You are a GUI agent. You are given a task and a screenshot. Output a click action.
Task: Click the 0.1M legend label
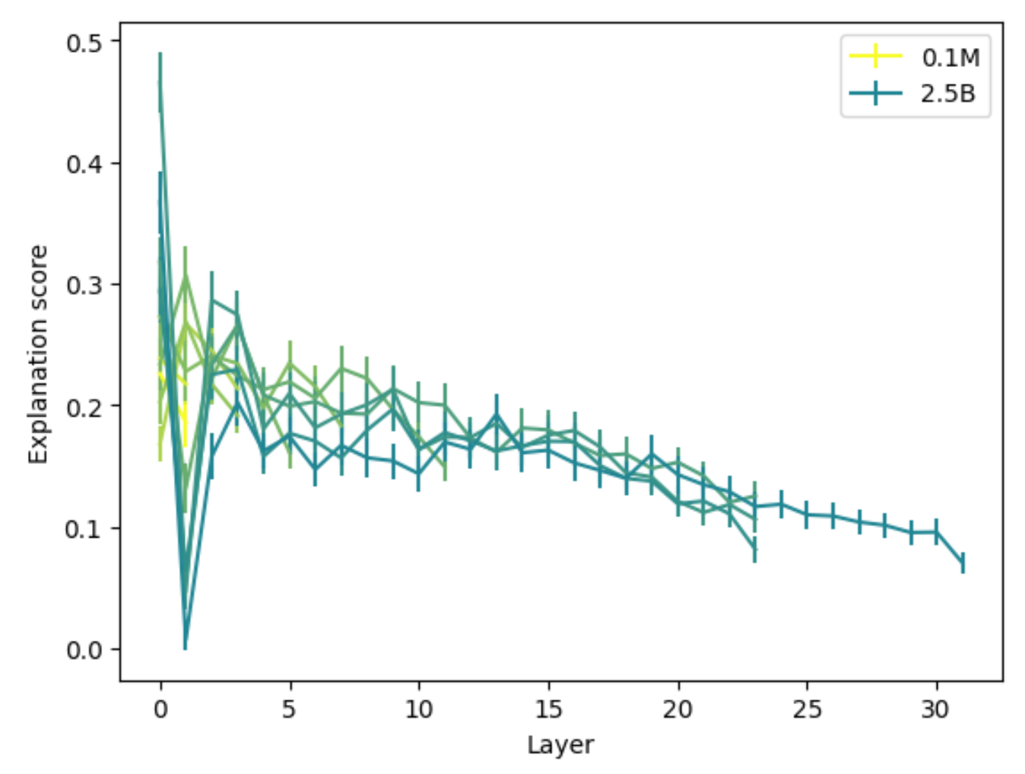click(x=950, y=58)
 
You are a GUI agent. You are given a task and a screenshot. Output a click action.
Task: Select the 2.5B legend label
click(x=947, y=94)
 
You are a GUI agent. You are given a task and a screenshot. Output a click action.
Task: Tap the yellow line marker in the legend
click(x=875, y=57)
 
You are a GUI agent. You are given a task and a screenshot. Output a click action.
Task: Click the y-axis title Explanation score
click(x=38, y=354)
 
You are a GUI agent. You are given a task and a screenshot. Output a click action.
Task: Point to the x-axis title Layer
click(x=560, y=745)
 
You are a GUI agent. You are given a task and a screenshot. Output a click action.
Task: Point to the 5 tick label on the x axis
click(x=289, y=709)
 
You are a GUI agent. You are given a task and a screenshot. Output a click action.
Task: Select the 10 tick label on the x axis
click(x=418, y=709)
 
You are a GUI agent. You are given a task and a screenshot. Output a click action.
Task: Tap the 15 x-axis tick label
click(x=547, y=709)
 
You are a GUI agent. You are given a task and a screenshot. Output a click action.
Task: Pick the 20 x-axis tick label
click(x=678, y=709)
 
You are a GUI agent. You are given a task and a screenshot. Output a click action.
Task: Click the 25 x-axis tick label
click(x=807, y=709)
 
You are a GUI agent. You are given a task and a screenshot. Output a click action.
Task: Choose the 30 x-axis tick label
click(x=936, y=709)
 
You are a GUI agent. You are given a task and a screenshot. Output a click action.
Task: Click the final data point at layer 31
click(x=963, y=563)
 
